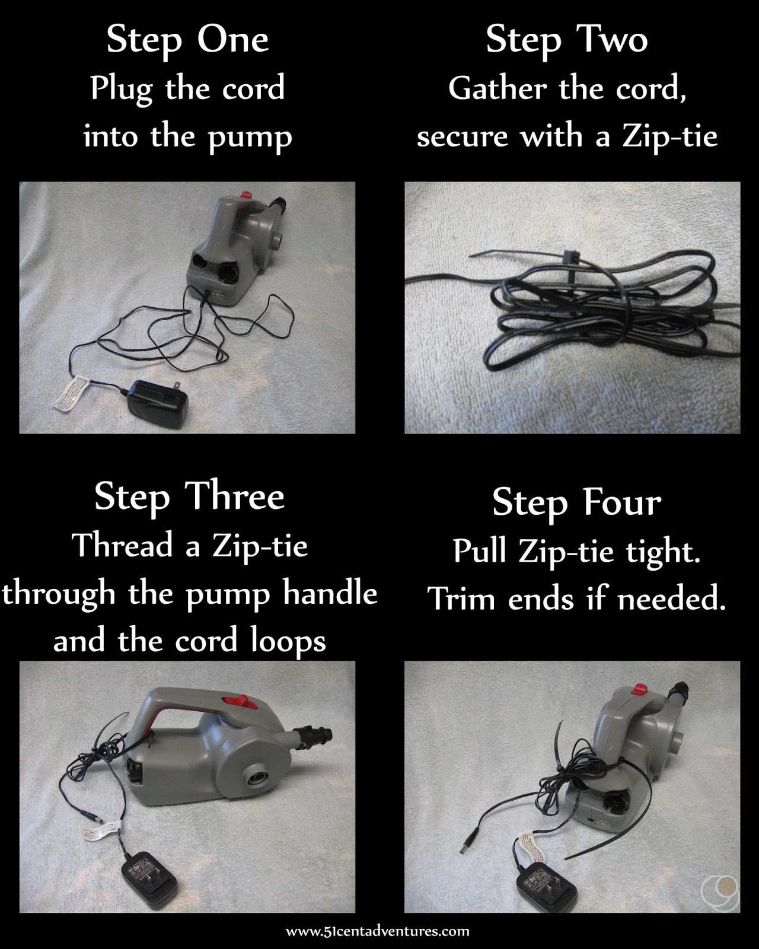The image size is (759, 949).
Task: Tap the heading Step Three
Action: tap(189, 497)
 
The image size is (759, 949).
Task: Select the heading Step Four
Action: tap(576, 503)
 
